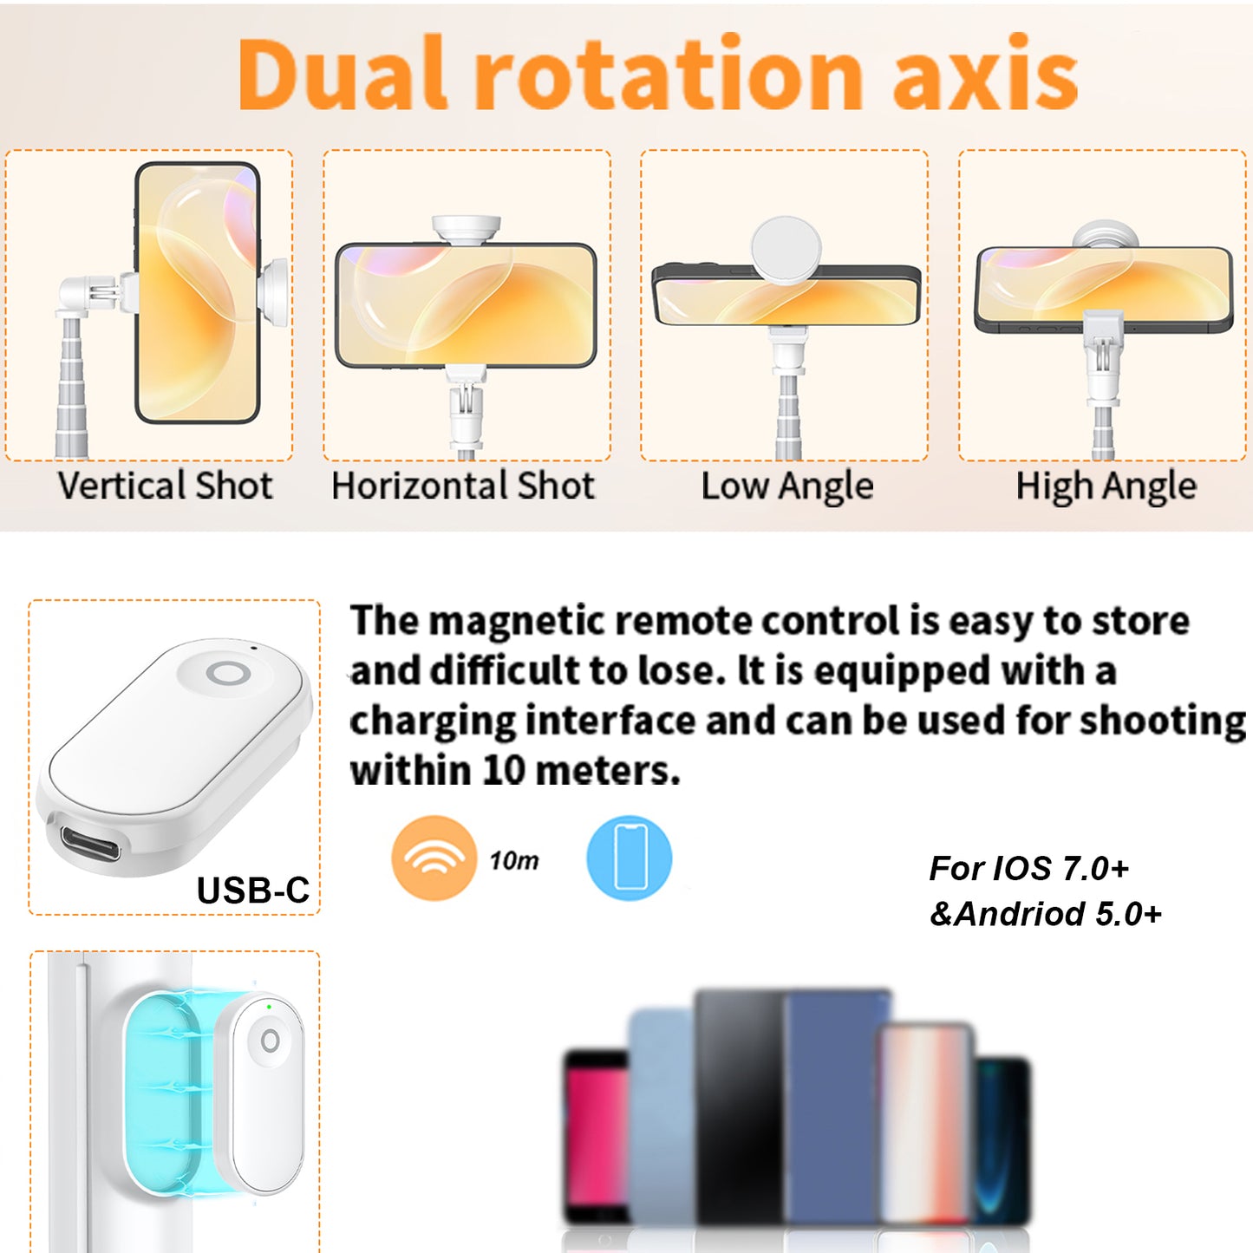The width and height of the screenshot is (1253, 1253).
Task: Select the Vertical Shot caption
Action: point(165,485)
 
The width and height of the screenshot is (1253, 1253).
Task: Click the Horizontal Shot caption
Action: point(463,485)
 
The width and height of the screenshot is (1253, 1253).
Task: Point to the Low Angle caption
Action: point(786,486)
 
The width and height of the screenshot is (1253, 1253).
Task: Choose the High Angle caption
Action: point(1106,486)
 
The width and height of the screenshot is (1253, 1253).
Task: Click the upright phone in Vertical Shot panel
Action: point(198,292)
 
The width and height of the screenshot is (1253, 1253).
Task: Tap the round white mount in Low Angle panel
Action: point(786,250)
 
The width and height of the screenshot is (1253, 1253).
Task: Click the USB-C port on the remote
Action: point(91,843)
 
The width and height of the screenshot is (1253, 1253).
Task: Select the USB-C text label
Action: point(253,891)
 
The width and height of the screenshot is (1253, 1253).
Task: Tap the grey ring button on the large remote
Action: point(228,673)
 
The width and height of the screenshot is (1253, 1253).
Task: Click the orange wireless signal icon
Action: point(434,858)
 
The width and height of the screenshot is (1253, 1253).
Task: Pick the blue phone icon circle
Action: point(629,858)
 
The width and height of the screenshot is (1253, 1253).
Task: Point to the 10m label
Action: point(514,860)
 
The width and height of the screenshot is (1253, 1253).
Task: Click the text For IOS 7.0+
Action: point(1028,868)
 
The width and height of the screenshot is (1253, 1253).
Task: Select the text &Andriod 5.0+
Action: point(1045,914)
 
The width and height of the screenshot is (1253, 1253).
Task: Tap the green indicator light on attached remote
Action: point(269,1007)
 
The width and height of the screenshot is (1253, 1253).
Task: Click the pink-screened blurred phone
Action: point(597,1137)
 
